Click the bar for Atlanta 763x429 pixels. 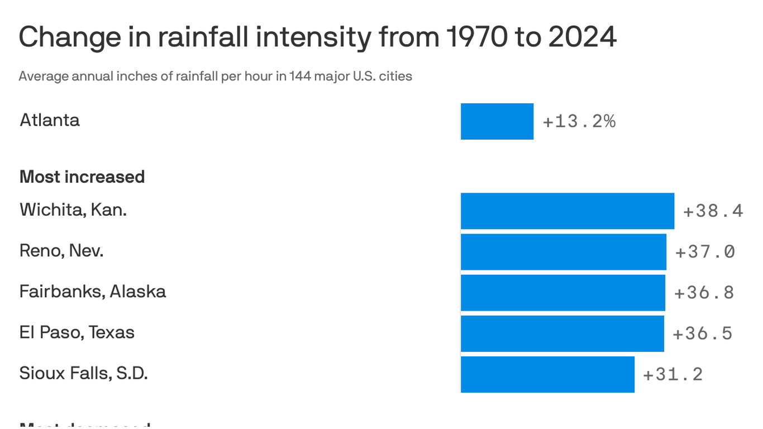[x=497, y=121]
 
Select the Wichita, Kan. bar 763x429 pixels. [x=567, y=211]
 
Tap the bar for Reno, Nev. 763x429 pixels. [x=563, y=252]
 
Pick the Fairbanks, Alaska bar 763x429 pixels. [x=562, y=293]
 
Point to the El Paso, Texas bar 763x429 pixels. [x=562, y=333]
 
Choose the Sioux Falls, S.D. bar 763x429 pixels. [x=547, y=374]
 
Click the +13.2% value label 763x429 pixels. [x=579, y=121]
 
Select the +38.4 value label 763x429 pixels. [x=713, y=211]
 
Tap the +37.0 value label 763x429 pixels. [x=705, y=252]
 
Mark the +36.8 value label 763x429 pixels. [x=704, y=293]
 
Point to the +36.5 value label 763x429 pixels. [x=703, y=333]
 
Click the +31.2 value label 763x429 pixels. [x=673, y=374]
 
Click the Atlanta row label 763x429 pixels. [x=50, y=120]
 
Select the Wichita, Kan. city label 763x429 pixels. [x=73, y=209]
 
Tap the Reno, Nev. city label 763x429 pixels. [x=61, y=250]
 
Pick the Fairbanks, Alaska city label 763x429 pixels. [x=93, y=291]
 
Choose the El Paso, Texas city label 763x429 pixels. [x=77, y=332]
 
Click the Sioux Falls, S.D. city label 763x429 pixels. [x=83, y=373]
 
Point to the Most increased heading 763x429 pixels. [x=82, y=177]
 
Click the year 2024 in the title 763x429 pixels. [x=582, y=37]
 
